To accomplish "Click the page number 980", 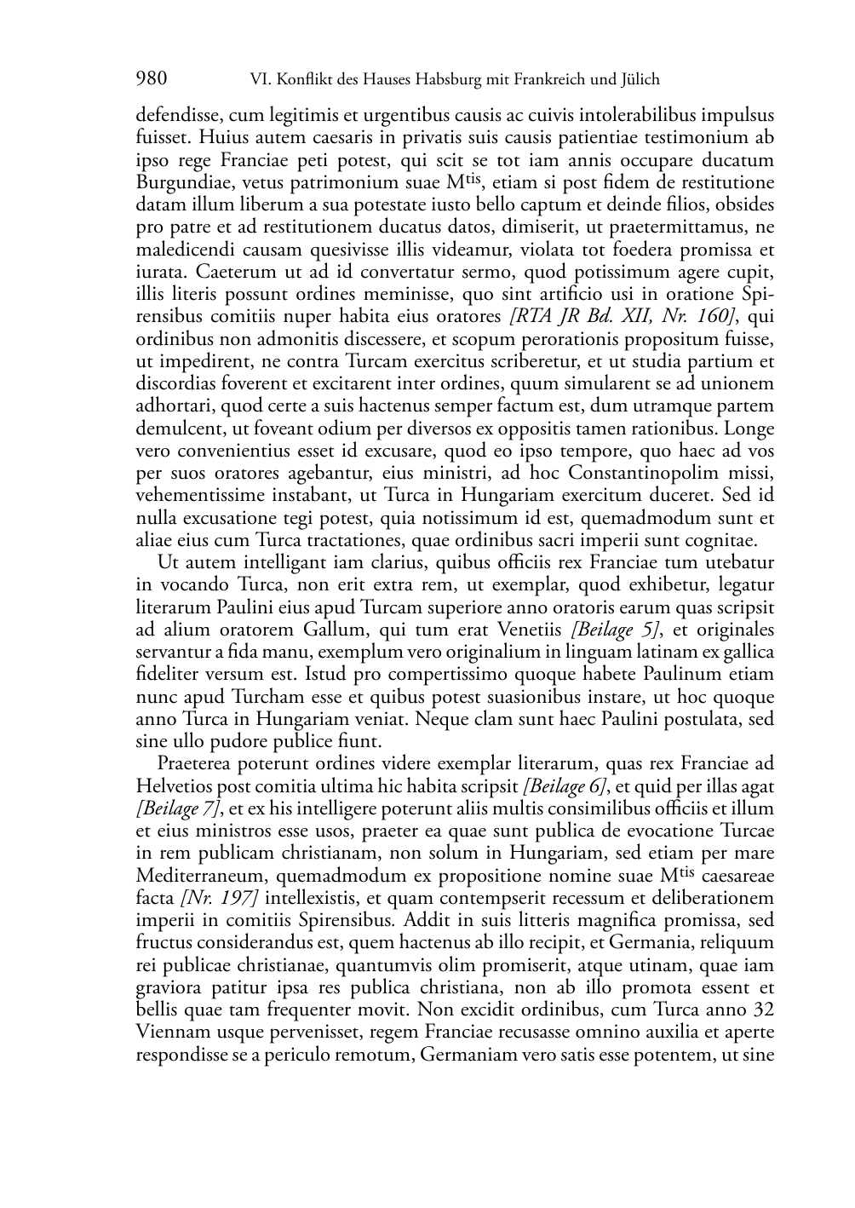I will (x=151, y=79).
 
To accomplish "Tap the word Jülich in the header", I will (x=638, y=80).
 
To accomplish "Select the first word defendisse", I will (x=178, y=115).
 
